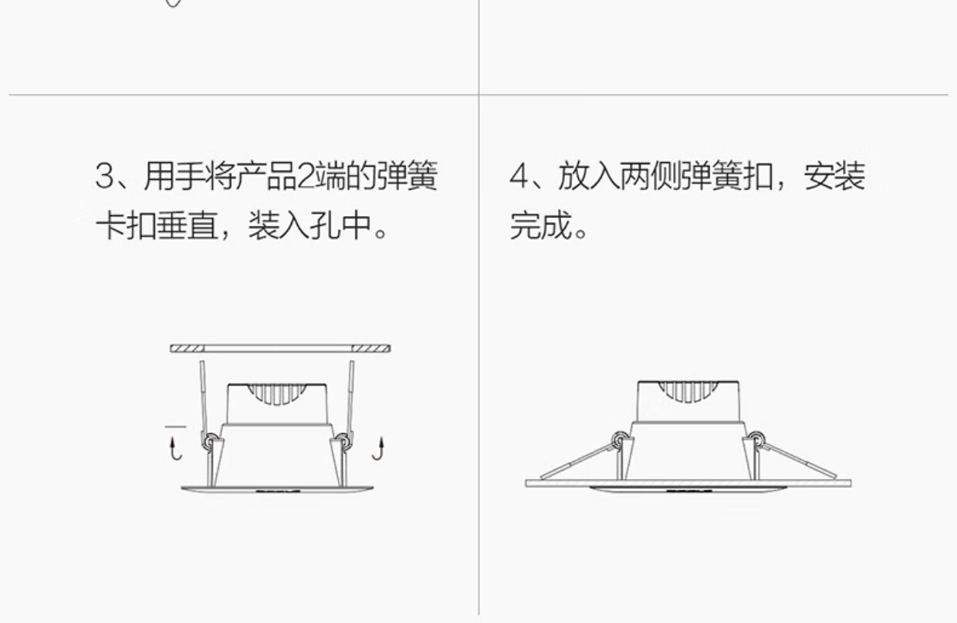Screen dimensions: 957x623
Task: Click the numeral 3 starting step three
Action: click(105, 177)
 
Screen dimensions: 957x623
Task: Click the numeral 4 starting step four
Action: click(519, 177)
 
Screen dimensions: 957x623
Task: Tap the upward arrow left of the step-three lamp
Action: click(176, 448)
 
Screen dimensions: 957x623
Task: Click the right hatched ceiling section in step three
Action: click(370, 349)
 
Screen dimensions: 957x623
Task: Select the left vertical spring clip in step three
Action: click(202, 397)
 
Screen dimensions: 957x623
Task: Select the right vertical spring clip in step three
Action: click(351, 397)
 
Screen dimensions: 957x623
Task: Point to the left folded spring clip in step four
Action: click(575, 460)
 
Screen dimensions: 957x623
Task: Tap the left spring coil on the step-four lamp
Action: click(618, 440)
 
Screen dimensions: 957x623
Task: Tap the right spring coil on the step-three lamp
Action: click(343, 442)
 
